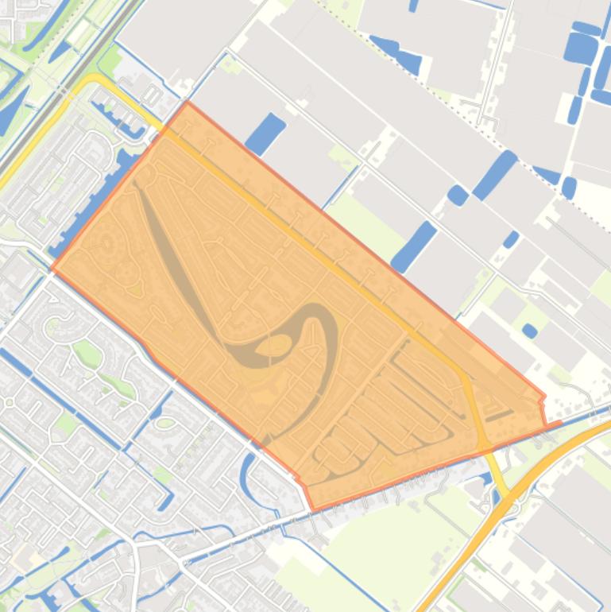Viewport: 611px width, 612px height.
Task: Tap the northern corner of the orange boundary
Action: (x=187, y=103)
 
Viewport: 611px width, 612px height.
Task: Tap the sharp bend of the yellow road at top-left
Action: (x=94, y=79)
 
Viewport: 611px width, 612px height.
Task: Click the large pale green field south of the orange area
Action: (x=389, y=540)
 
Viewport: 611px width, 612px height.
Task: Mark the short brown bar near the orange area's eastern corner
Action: (x=499, y=414)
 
